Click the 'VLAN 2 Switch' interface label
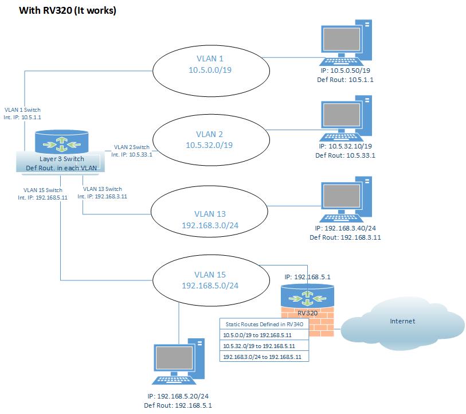(131, 147)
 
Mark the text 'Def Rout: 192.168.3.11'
(345, 237)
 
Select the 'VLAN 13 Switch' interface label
(102, 189)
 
